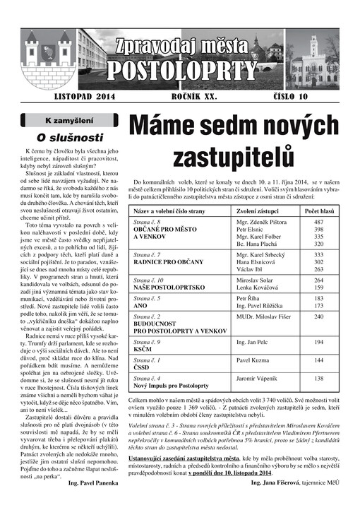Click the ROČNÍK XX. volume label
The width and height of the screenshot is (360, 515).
196,95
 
